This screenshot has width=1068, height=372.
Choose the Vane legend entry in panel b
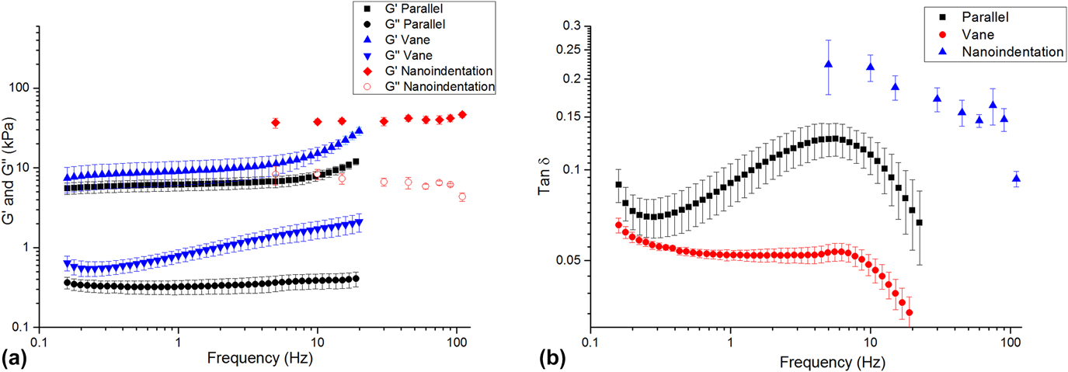979,34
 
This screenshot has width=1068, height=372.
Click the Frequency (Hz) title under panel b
826,361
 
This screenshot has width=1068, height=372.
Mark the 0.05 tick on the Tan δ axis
569,260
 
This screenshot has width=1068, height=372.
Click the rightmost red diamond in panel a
462,115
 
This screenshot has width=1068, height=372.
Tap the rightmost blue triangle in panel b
1016,179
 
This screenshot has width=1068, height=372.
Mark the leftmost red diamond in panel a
275,123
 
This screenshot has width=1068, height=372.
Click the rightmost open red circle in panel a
462,196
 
